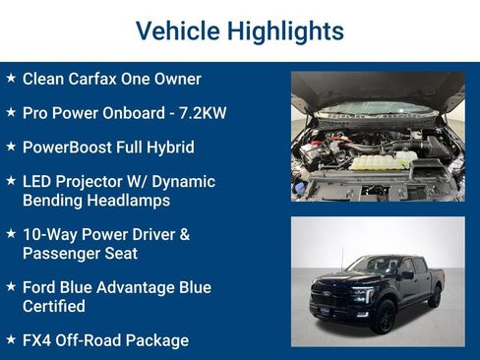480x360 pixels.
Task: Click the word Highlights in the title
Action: click(284, 31)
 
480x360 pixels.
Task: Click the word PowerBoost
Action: click(66, 148)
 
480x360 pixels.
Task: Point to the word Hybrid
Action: click(169, 148)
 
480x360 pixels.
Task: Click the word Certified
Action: click(54, 306)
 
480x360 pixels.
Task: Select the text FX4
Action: click(36, 340)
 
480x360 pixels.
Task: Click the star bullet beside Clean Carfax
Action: click(10, 78)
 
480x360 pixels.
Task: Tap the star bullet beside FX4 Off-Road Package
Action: click(10, 339)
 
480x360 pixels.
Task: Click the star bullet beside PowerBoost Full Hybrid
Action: click(10, 147)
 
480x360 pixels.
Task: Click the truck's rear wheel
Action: click(434, 296)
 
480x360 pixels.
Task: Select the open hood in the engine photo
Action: click(377, 89)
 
